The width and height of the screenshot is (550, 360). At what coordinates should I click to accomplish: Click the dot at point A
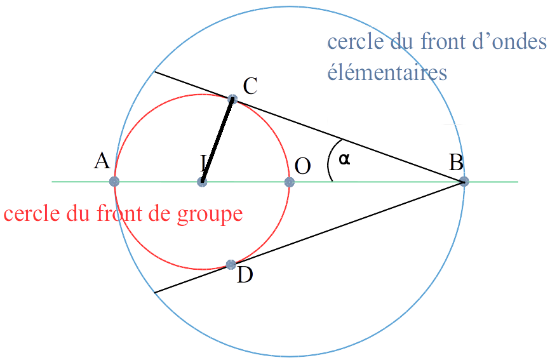114,182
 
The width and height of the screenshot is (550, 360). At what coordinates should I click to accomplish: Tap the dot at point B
464,182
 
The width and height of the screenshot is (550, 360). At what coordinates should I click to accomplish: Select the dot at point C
232,99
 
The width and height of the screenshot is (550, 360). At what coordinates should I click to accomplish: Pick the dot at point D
231,265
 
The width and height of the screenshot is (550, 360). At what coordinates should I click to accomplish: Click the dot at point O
290,182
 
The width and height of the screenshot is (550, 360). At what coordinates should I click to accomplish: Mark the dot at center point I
202,182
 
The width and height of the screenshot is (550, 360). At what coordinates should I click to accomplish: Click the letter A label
102,161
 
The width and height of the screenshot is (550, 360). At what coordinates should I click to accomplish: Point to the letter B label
457,163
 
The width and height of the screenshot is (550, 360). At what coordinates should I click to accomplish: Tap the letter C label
250,86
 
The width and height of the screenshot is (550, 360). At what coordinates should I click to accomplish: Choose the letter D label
245,274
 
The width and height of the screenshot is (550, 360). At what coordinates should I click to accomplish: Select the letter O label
302,166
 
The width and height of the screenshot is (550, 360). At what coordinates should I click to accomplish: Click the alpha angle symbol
344,159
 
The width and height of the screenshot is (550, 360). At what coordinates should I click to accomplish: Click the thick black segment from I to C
217,140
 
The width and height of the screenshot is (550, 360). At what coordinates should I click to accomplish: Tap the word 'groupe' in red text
210,215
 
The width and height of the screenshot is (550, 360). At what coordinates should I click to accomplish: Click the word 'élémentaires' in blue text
387,73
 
